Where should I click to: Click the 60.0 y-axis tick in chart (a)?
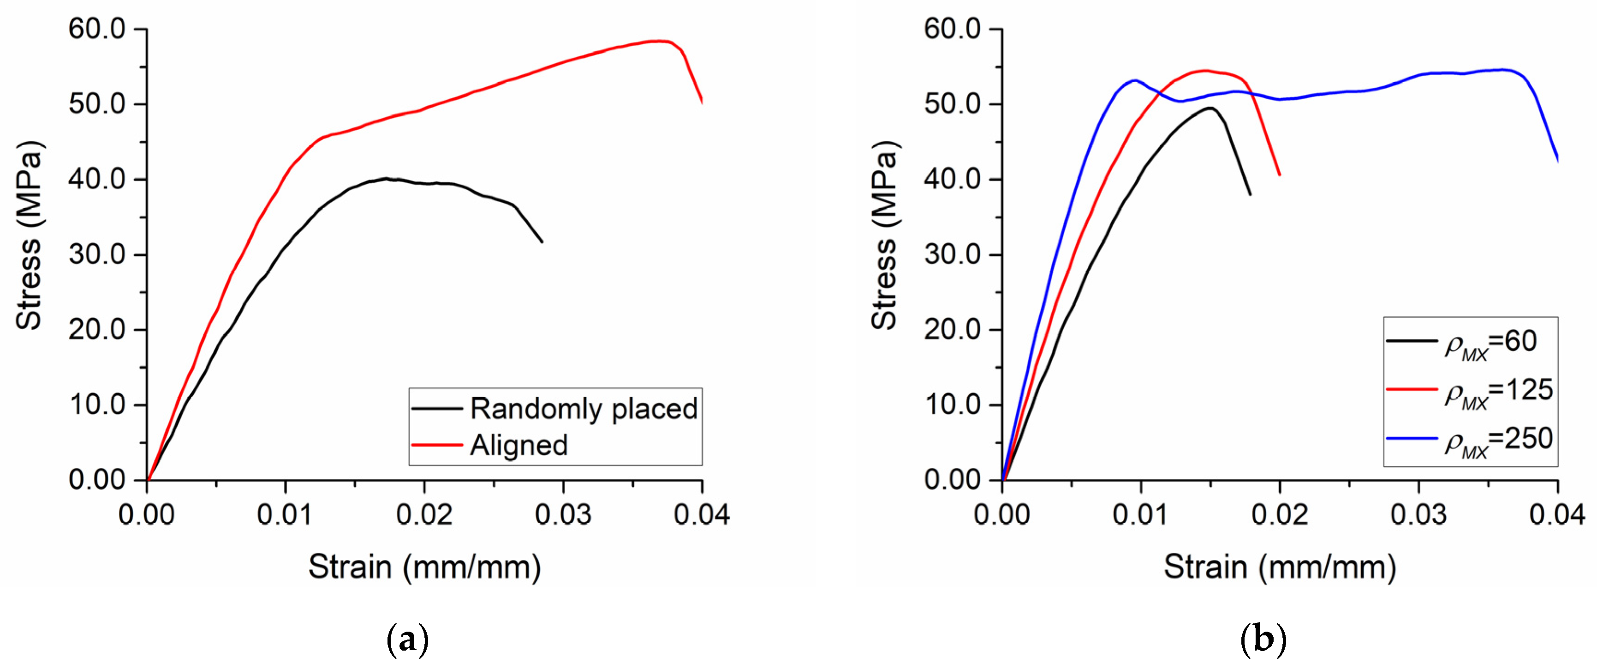(x=97, y=29)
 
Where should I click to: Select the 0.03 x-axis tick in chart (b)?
(x=1418, y=515)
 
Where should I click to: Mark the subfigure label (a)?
(x=407, y=639)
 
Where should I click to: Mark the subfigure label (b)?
(x=1263, y=639)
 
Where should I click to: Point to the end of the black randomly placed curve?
(x=542, y=242)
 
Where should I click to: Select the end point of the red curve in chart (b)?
(x=1280, y=175)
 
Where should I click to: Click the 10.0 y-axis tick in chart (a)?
(x=97, y=405)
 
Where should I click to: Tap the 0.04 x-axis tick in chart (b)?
(x=1557, y=515)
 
